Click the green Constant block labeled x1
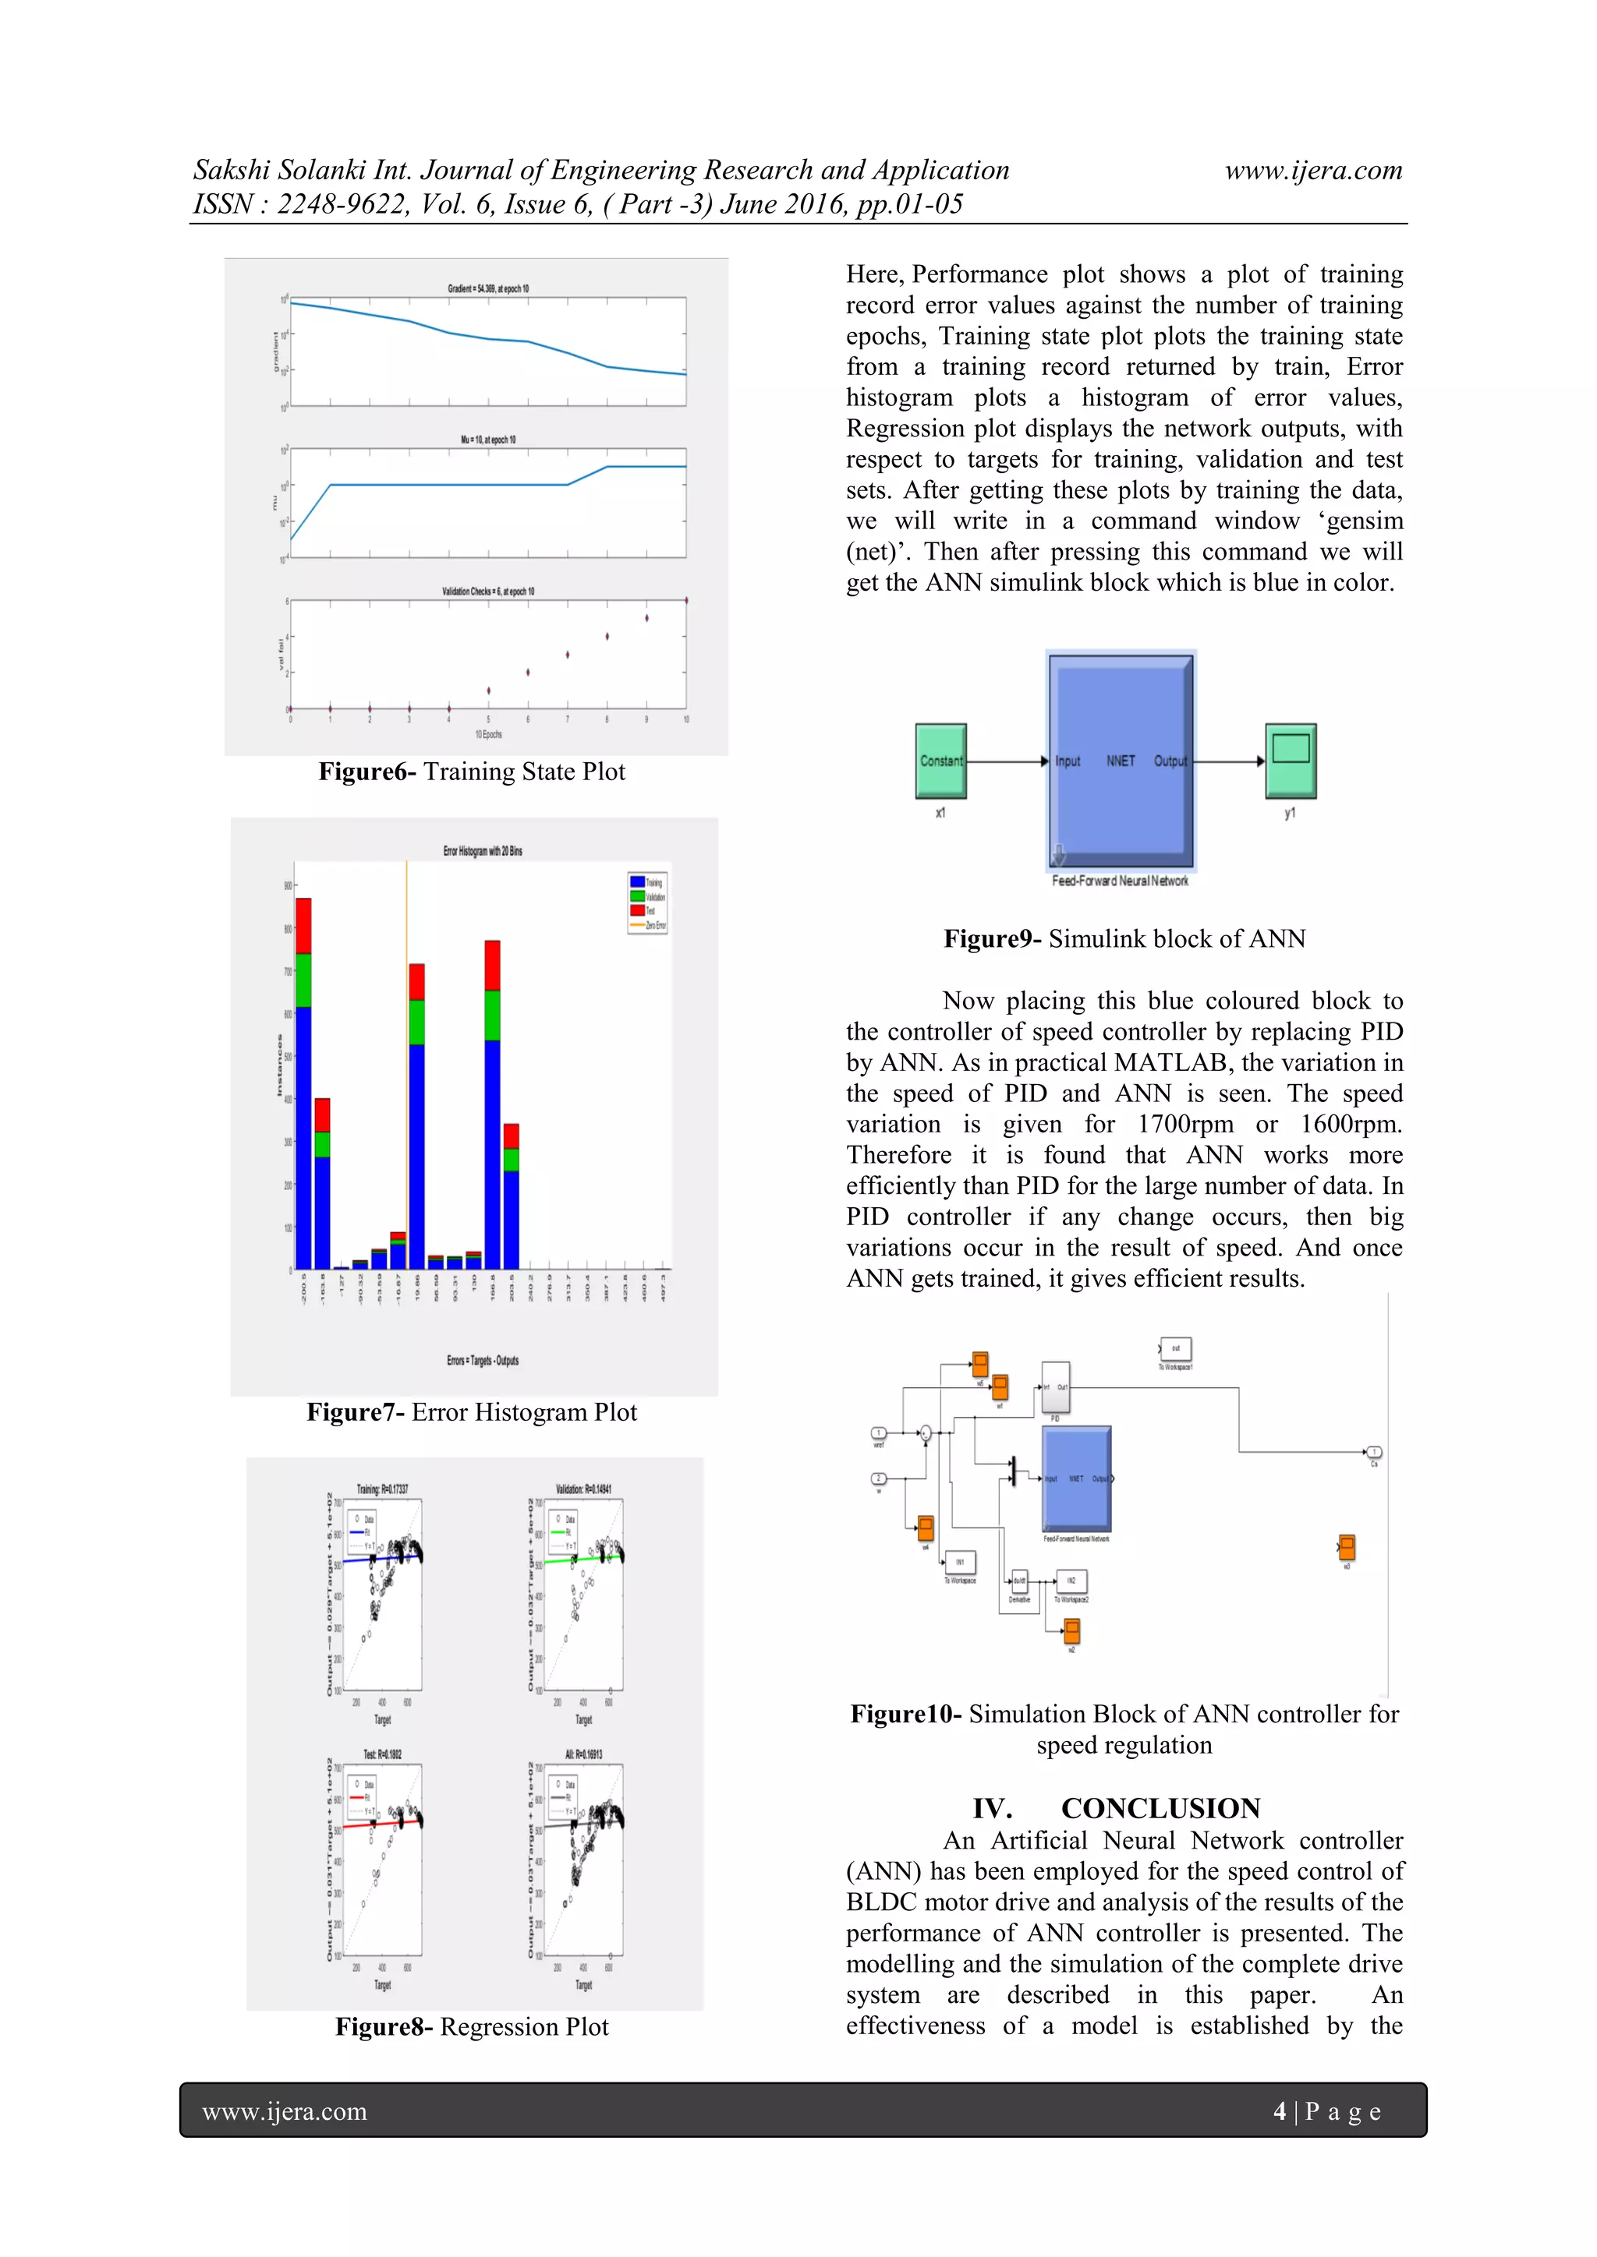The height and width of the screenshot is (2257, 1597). pyautogui.click(x=940, y=760)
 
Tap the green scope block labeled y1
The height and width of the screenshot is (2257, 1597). pyautogui.click(x=1291, y=760)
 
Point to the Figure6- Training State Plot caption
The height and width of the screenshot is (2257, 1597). pyautogui.click(x=471, y=772)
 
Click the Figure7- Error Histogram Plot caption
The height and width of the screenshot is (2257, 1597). pyautogui.click(x=471, y=1413)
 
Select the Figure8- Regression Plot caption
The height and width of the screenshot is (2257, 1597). pyautogui.click(x=471, y=2027)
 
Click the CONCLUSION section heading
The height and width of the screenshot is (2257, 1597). pyautogui.click(x=1160, y=1809)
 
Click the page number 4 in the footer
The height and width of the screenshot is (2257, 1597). pyautogui.click(x=1280, y=2111)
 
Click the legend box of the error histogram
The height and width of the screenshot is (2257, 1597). pyautogui.click(x=648, y=902)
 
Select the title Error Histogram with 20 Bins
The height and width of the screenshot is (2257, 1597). pyautogui.click(x=482, y=851)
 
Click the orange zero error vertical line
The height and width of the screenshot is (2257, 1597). pyautogui.click(x=406, y=914)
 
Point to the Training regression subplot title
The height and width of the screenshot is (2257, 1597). pyautogui.click(x=383, y=1489)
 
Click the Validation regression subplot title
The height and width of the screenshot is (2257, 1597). pyautogui.click(x=583, y=1489)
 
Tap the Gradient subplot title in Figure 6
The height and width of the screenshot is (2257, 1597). pyautogui.click(x=487, y=289)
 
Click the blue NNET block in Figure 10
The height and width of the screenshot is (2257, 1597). pyautogui.click(x=1076, y=1478)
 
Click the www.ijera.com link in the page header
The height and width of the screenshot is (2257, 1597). pyautogui.click(x=1313, y=171)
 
